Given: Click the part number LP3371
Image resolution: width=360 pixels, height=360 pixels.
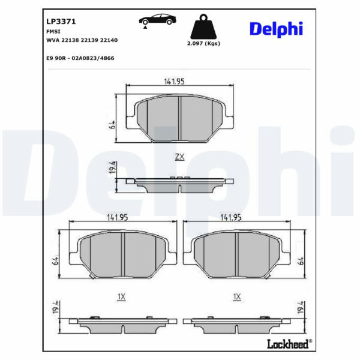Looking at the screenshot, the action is click(61, 22).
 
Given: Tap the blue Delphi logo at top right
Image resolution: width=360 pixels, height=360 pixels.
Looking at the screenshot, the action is click(276, 29).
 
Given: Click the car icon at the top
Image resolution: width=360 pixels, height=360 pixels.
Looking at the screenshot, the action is click(157, 20).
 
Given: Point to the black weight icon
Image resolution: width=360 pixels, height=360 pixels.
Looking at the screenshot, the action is click(203, 26).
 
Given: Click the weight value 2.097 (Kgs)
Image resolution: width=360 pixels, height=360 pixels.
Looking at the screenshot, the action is click(203, 43).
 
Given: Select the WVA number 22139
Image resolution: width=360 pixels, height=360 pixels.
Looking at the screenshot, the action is click(91, 40).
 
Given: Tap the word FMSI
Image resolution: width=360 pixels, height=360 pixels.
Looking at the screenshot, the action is click(53, 31).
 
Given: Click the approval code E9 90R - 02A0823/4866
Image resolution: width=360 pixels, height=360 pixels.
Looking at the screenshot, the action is click(80, 58).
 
